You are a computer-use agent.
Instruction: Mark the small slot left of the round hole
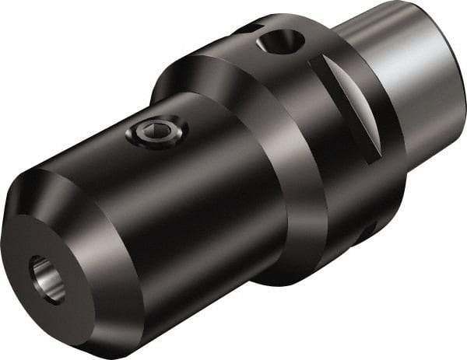[247, 29]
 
